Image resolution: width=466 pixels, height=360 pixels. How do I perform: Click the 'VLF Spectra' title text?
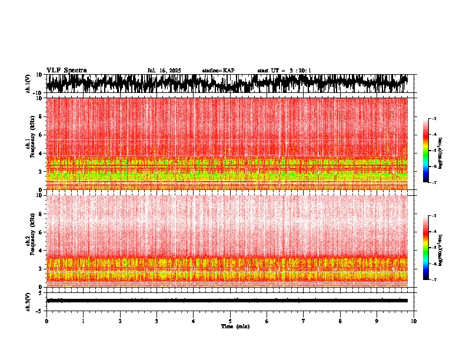[66, 70]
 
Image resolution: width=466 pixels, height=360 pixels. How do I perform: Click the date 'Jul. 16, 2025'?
[164, 71]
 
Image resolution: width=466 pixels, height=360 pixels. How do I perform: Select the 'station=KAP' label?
[218, 71]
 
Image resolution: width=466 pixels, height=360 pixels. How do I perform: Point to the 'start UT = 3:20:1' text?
[284, 71]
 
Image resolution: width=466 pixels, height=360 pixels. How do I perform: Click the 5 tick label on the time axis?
[230, 321]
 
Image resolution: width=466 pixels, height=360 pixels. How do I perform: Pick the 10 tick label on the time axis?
[414, 321]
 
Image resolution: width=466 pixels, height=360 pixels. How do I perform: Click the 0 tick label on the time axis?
[46, 321]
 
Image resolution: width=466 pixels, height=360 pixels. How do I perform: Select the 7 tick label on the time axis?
[304, 321]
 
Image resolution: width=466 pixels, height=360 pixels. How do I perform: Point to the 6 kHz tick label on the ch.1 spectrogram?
[42, 135]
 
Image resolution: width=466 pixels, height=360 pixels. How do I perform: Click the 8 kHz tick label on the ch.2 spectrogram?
[42, 214]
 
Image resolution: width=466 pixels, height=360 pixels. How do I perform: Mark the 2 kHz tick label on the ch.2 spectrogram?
[42, 269]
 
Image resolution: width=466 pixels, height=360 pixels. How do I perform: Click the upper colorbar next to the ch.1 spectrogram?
[426, 151]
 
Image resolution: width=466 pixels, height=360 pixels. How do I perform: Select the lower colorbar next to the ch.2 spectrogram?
[426, 248]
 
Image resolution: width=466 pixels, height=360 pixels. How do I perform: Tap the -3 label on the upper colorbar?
[434, 119]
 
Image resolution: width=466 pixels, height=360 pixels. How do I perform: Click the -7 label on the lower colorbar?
[434, 280]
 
